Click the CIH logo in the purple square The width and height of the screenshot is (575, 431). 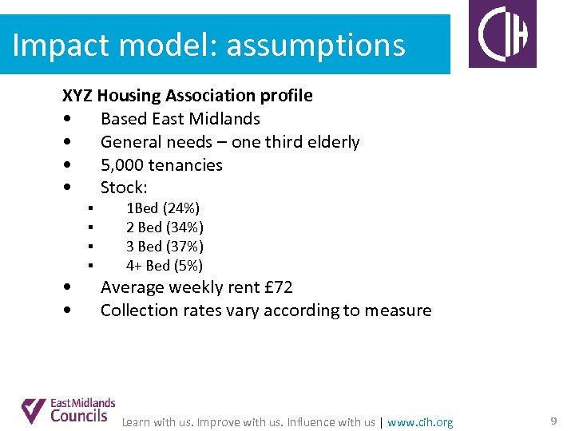[502, 34]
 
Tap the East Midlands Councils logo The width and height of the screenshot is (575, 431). [69, 410]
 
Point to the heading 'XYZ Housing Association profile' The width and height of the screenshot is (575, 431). [188, 96]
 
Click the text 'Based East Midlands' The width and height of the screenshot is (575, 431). [180, 119]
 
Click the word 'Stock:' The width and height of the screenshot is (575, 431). [124, 188]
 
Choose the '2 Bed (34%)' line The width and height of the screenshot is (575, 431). [165, 227]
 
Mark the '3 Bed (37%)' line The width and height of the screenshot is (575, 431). [165, 247]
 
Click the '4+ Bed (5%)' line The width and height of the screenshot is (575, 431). [164, 266]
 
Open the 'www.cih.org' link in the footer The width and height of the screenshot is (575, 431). [420, 422]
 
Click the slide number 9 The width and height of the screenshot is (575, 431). [553, 421]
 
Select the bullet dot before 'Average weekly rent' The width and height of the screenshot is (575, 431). [73, 287]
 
